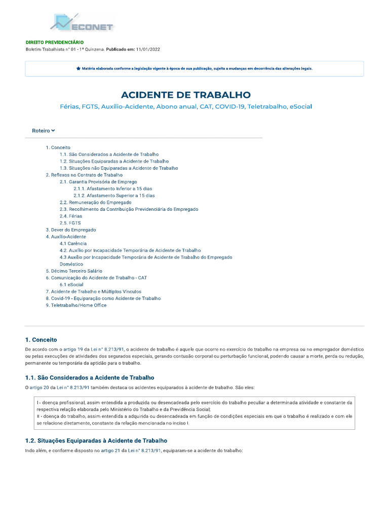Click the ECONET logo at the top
coord(82,23)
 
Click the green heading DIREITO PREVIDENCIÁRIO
coord(55,42)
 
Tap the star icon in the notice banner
coord(78,68)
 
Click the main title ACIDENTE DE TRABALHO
coord(186,95)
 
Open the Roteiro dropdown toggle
coord(44,131)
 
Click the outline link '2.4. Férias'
coord(70,216)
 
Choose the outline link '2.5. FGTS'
coord(70,223)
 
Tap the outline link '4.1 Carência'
coord(73,243)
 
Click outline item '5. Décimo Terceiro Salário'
coord(73,271)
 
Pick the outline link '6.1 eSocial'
coord(71,285)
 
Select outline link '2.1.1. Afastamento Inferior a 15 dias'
coord(112,189)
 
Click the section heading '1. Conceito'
coord(41,340)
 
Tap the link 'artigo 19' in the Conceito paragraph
coord(73,350)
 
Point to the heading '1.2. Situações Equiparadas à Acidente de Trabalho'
coord(96,440)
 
